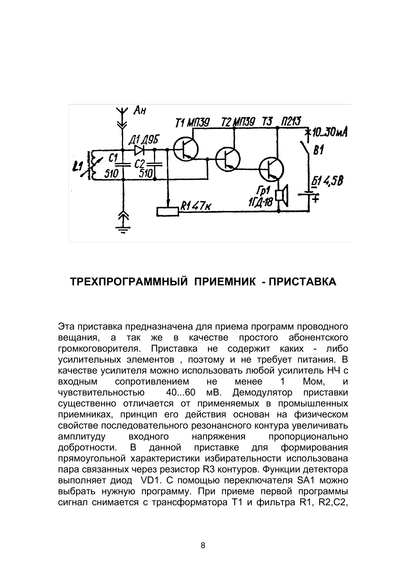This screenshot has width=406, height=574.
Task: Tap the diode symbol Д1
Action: (x=139, y=150)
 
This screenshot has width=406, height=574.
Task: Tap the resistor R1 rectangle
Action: (x=167, y=212)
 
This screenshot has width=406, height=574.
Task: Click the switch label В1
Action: (x=318, y=151)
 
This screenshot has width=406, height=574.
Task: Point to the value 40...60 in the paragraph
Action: (x=180, y=393)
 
